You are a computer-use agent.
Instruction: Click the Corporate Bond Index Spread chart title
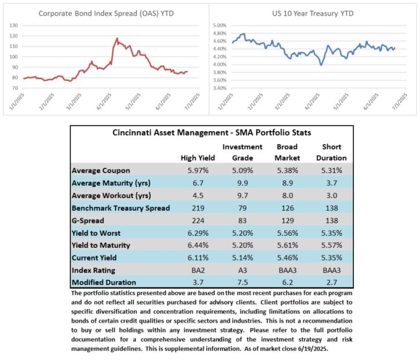click(106, 13)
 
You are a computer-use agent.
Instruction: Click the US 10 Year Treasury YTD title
click(313, 13)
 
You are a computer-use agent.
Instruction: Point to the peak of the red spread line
click(117, 38)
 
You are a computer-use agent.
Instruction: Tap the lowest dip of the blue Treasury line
click(321, 64)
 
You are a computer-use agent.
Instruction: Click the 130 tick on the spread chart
click(13, 26)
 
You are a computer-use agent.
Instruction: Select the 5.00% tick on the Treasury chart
click(220, 26)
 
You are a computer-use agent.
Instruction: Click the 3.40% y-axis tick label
click(220, 88)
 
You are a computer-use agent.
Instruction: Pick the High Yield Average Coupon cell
click(198, 171)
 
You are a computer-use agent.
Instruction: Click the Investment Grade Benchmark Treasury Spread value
click(242, 208)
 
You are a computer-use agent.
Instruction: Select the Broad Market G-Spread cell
click(287, 221)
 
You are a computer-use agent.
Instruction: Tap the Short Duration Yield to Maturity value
click(332, 245)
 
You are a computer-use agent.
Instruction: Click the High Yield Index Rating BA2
click(198, 270)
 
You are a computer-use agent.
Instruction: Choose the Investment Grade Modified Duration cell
click(242, 282)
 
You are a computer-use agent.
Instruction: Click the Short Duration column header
click(332, 152)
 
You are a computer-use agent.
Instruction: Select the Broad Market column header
click(287, 152)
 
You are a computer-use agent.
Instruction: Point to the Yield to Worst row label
click(96, 233)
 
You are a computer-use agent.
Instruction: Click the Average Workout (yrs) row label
click(111, 196)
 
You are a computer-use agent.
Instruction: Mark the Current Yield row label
click(94, 258)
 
